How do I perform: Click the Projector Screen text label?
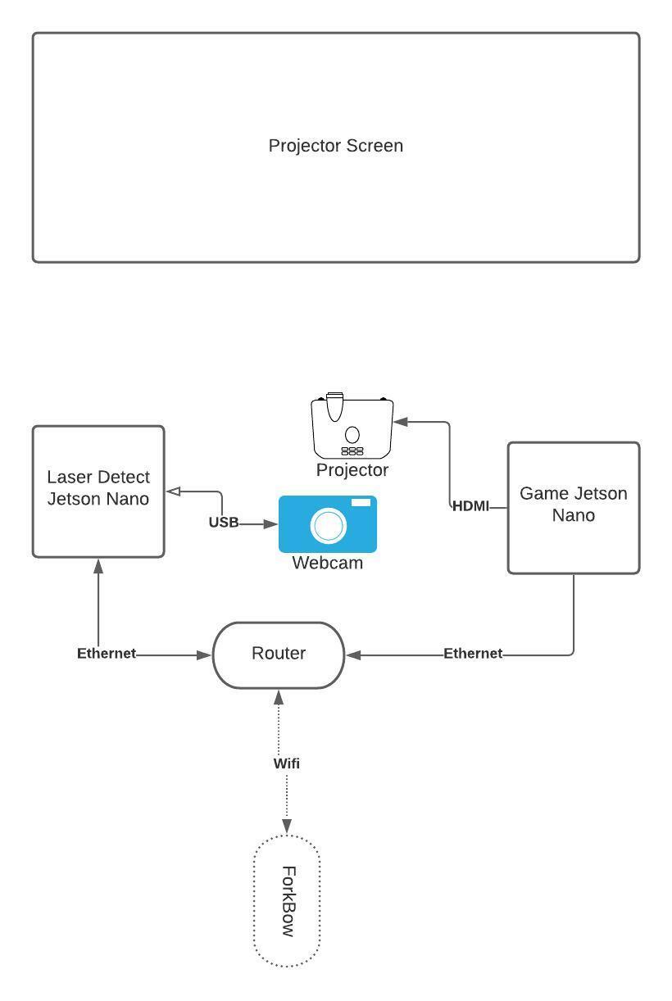[x=336, y=146]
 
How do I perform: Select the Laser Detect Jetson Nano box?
[x=98, y=491]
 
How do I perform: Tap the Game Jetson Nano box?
[x=574, y=508]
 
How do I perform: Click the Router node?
[x=279, y=654]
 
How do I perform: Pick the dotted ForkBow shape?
[x=286, y=902]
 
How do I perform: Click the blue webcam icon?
[x=328, y=524]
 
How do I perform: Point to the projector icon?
[x=352, y=427]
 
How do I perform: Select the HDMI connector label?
[x=470, y=506]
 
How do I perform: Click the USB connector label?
[x=223, y=523]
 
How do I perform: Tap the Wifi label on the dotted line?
[x=286, y=763]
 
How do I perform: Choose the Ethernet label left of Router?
[x=107, y=654]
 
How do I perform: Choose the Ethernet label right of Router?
[x=473, y=654]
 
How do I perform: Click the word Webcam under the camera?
[x=327, y=564]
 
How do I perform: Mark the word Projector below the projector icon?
[x=352, y=470]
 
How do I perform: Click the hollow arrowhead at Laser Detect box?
[x=174, y=491]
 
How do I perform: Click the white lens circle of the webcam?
[x=329, y=526]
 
